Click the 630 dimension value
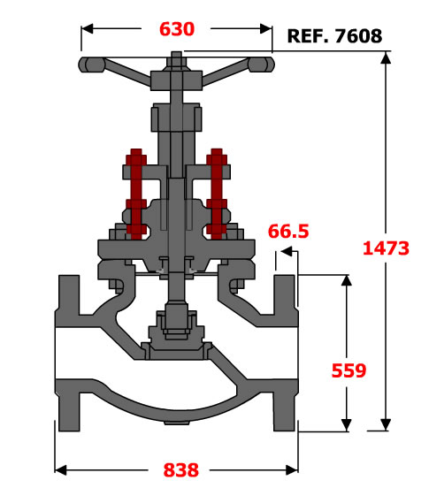[177, 29]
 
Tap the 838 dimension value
[180, 470]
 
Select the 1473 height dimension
[386, 248]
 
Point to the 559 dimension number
[349, 370]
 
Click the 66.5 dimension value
[288, 232]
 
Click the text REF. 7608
[334, 36]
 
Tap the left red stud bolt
[136, 194]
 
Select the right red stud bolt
[217, 194]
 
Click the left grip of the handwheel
[91, 65]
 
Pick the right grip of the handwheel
[261, 65]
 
